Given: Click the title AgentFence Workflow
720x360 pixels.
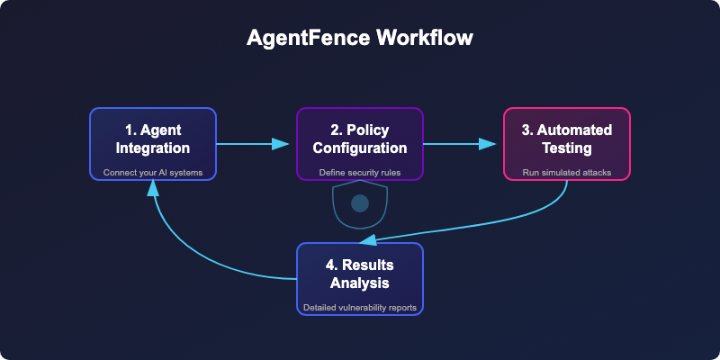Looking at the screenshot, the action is pyautogui.click(x=359, y=38).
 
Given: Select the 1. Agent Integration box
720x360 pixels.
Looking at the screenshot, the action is pyautogui.click(x=153, y=144).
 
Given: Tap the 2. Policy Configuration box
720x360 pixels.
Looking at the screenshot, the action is pyautogui.click(x=360, y=144).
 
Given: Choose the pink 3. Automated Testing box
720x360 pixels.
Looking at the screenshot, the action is pyautogui.click(x=567, y=144).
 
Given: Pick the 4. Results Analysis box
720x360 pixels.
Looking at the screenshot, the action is pyautogui.click(x=360, y=279).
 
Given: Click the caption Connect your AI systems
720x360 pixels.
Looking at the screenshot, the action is pyautogui.click(x=153, y=173).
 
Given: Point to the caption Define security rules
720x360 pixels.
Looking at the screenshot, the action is pyautogui.click(x=360, y=173).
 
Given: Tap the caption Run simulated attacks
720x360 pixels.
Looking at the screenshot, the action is pyautogui.click(x=567, y=173).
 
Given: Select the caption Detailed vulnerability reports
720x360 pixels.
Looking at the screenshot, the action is pyautogui.click(x=360, y=308).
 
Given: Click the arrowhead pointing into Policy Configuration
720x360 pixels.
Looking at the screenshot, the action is pyautogui.click(x=280, y=144).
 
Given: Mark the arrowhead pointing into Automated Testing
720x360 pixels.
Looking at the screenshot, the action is pyautogui.click(x=487, y=144).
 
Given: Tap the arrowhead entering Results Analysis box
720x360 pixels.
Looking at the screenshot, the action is pyautogui.click(x=367, y=239).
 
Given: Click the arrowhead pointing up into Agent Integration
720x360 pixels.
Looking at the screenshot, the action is pyautogui.click(x=153, y=188).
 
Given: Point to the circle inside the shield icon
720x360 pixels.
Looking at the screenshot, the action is pyautogui.click(x=360, y=203).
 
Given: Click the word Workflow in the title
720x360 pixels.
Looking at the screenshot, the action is pyautogui.click(x=425, y=38).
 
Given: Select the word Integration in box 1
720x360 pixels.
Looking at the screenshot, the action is pyautogui.click(x=153, y=148).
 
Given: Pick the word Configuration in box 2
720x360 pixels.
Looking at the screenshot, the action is pyautogui.click(x=360, y=148).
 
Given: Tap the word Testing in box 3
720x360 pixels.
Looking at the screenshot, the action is pyautogui.click(x=567, y=148).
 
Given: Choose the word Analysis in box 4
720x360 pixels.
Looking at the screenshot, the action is pyautogui.click(x=360, y=283).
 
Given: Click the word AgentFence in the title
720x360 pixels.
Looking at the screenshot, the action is pyautogui.click(x=309, y=38).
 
